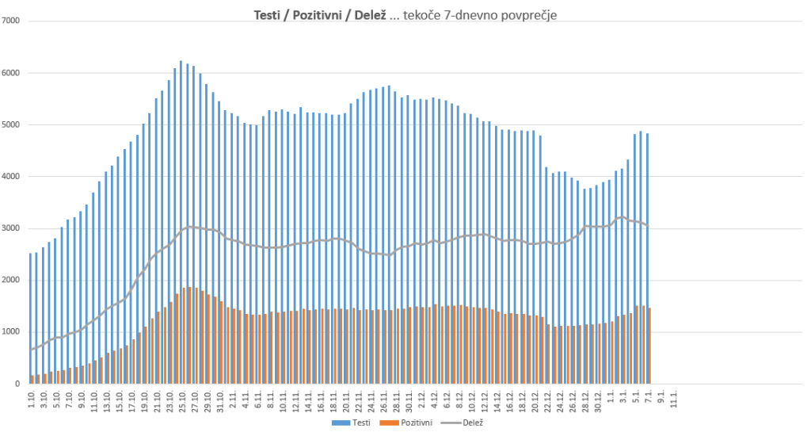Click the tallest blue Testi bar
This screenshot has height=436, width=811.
tap(181, 222)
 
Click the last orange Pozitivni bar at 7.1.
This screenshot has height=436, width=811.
tap(650, 346)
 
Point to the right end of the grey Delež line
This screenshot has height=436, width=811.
tap(648, 226)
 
